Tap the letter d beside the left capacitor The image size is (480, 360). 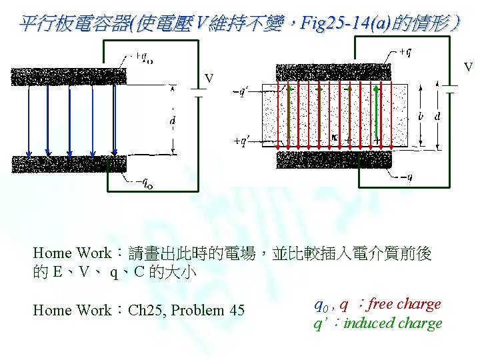(173, 121)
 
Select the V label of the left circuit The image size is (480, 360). (209, 79)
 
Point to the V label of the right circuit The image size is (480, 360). (469, 67)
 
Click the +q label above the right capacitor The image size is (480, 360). (406, 51)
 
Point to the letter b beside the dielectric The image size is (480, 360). (420, 116)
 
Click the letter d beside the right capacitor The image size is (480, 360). (437, 116)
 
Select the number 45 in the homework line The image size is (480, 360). (235, 310)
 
